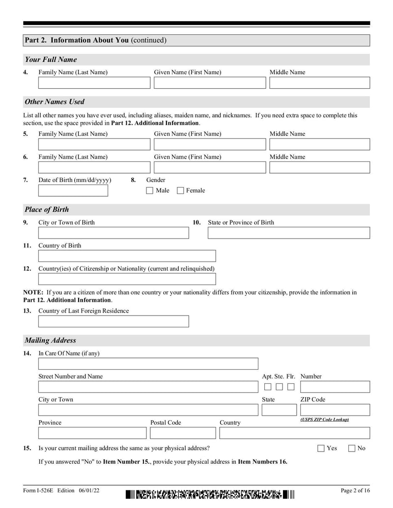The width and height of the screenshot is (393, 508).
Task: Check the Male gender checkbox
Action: [150, 190]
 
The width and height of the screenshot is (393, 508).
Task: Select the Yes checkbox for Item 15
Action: [321, 448]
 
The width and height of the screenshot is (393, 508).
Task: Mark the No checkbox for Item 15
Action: [352, 448]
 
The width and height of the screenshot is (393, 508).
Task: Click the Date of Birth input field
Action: [73, 190]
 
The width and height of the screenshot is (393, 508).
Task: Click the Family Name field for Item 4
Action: [94, 83]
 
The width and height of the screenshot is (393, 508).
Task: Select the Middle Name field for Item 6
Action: [319, 167]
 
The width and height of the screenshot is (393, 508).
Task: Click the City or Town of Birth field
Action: [113, 233]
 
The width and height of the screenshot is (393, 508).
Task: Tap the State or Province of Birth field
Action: [288, 233]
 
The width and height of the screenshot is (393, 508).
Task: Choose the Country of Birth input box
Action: [127, 256]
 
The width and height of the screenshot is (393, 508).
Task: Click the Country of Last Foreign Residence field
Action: [113, 321]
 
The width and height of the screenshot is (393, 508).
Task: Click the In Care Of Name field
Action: [148, 364]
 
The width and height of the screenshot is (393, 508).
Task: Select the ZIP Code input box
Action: [335, 410]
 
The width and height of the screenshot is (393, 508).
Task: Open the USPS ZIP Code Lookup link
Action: [325, 420]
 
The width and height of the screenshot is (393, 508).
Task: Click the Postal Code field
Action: [183, 433]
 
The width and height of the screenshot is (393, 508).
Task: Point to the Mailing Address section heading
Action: [51, 340]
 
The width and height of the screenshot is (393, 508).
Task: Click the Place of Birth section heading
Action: [47, 210]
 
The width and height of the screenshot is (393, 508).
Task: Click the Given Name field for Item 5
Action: [210, 144]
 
